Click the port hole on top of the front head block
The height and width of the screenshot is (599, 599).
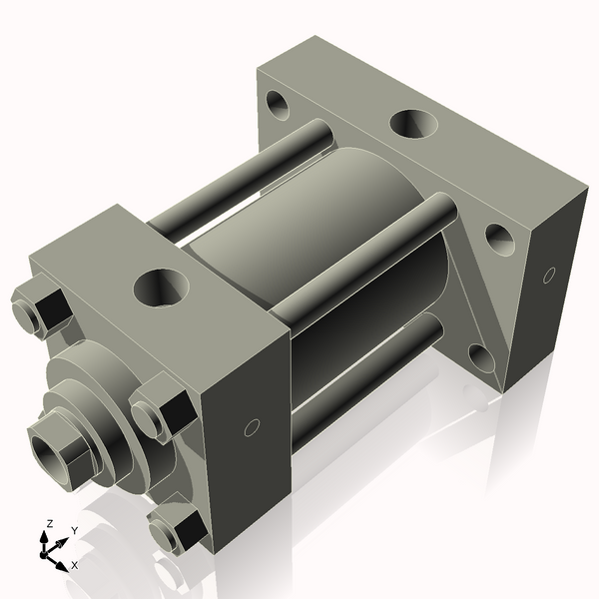[x=161, y=288]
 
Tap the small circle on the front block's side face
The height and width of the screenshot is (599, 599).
[x=252, y=428]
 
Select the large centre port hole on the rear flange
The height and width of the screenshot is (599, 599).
[x=412, y=124]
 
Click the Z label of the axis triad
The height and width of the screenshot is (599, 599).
[x=50, y=523]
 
